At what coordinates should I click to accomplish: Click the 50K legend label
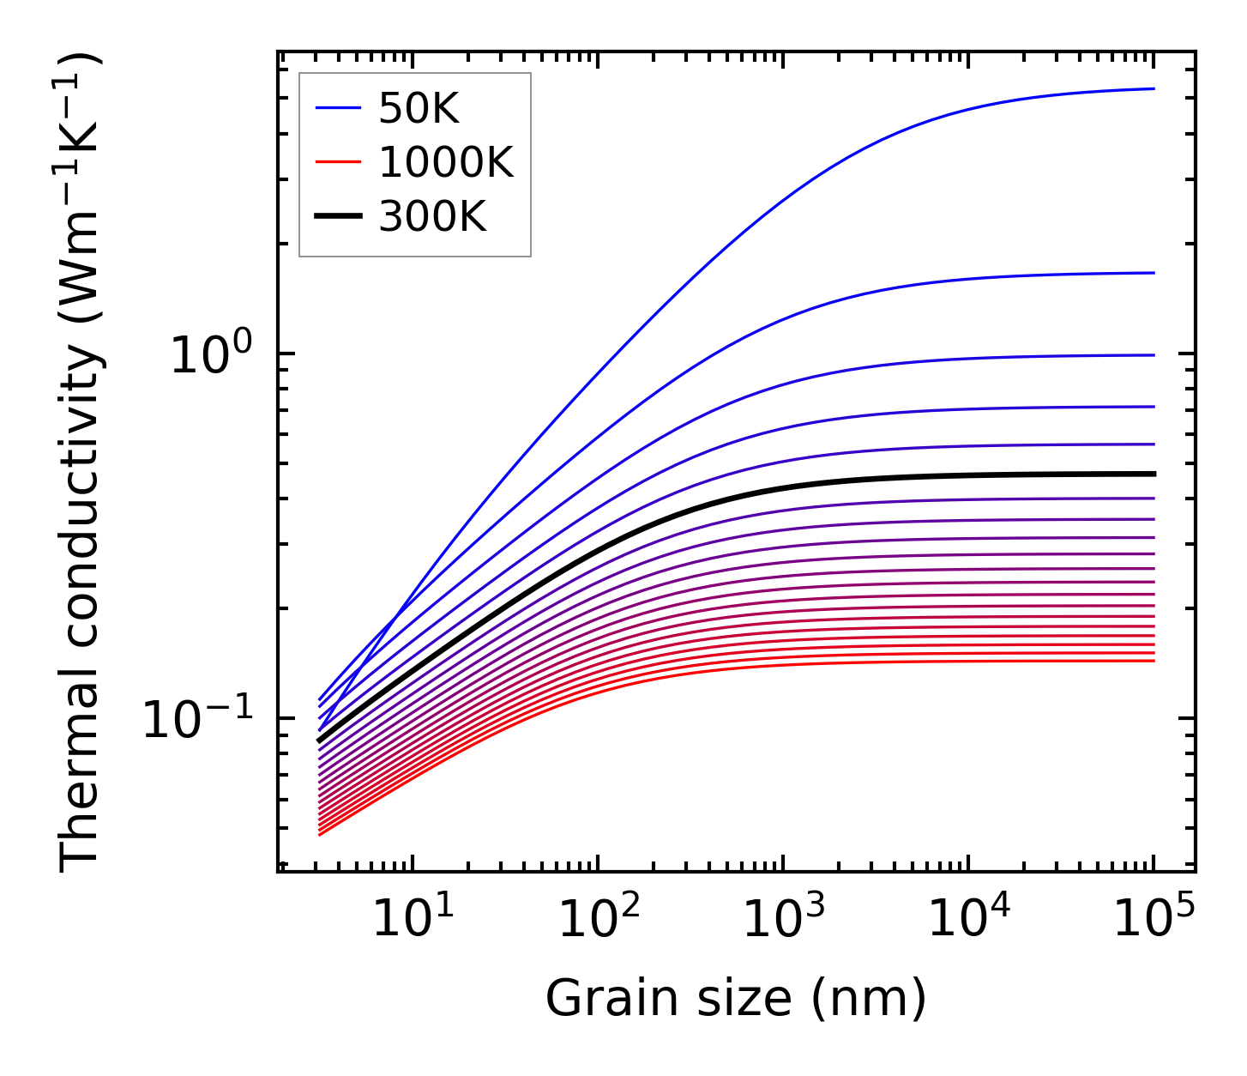click(x=419, y=109)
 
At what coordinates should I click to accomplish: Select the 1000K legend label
click(x=446, y=162)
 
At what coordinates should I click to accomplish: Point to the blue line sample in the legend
click(x=338, y=108)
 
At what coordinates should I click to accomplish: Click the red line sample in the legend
click(x=338, y=162)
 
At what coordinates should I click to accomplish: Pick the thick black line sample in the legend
click(x=338, y=216)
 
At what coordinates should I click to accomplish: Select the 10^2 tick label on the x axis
click(x=598, y=919)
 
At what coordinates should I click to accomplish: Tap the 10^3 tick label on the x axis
click(x=783, y=919)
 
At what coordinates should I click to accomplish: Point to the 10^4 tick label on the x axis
click(x=968, y=919)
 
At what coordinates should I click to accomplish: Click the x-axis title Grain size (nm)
click(x=736, y=1000)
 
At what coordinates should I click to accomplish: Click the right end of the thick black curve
click(x=1154, y=474)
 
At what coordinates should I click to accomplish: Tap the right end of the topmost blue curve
click(x=1154, y=88)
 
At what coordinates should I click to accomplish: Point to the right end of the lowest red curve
click(x=1154, y=660)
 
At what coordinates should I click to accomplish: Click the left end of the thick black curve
click(x=319, y=741)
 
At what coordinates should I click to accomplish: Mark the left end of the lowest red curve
click(x=319, y=835)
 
